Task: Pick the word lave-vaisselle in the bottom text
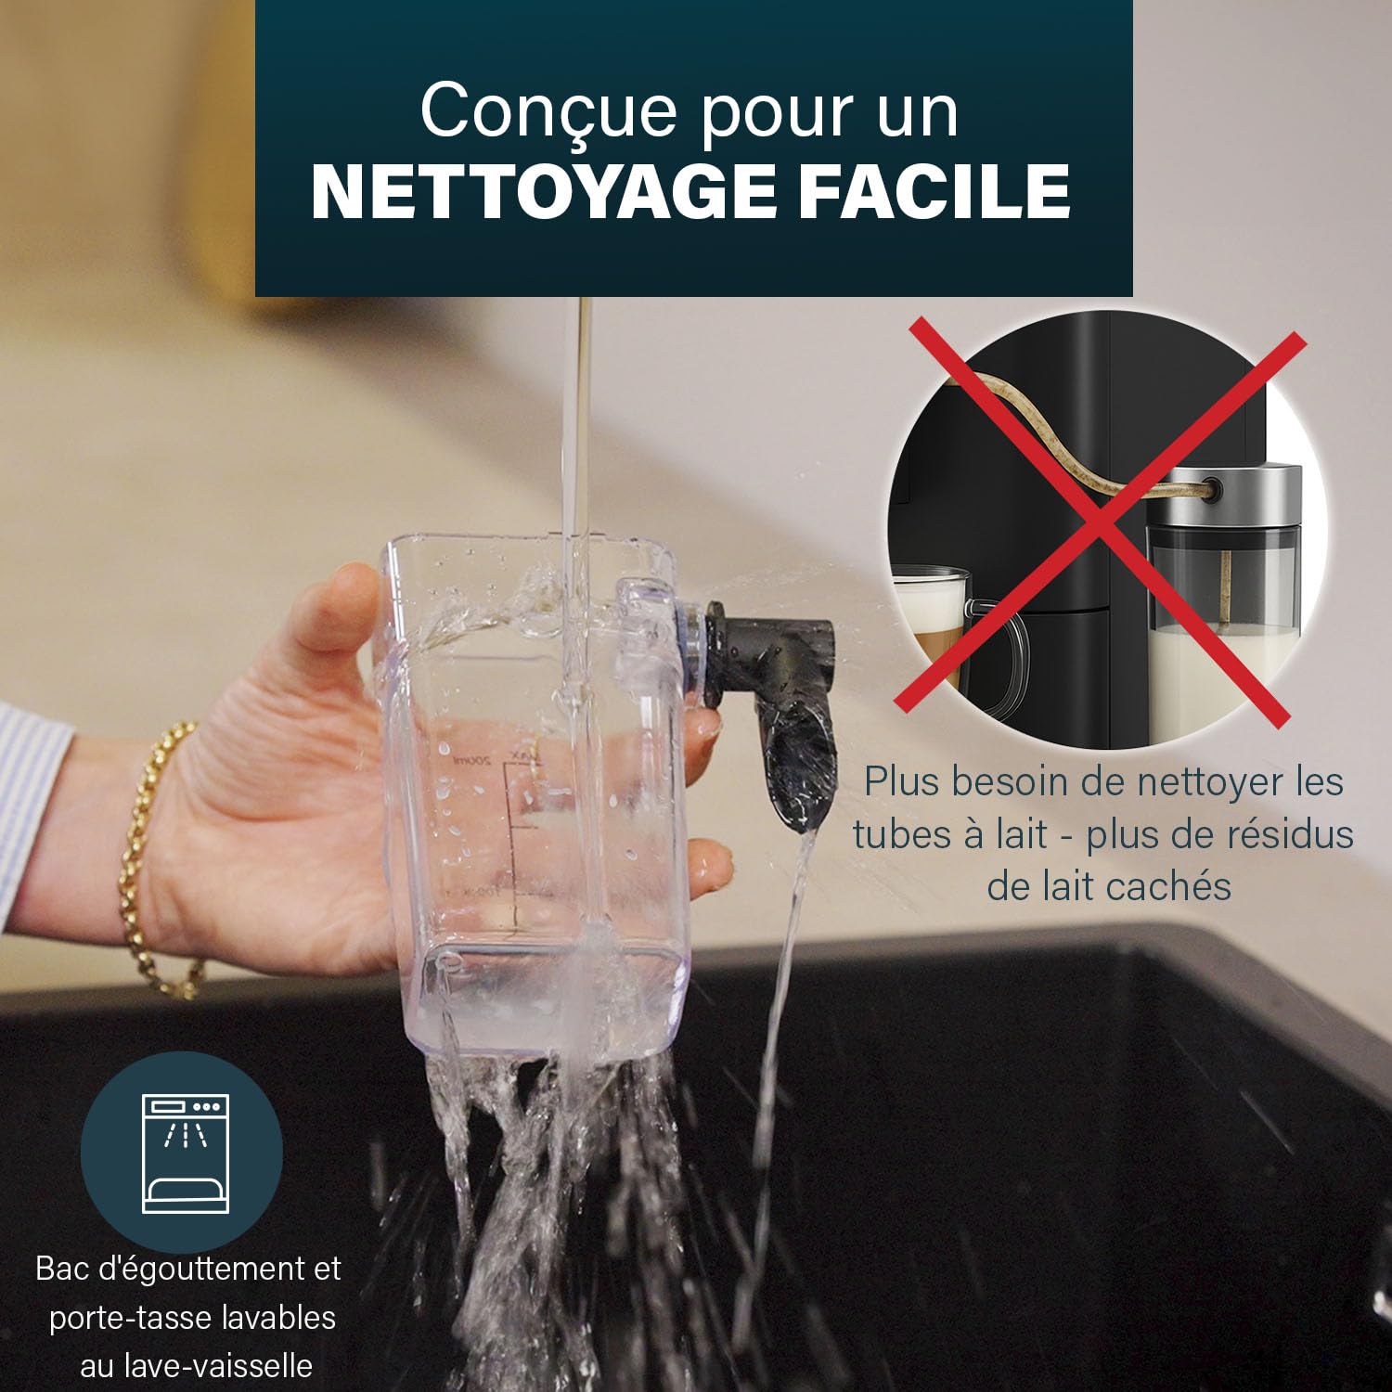[x=196, y=1366]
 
